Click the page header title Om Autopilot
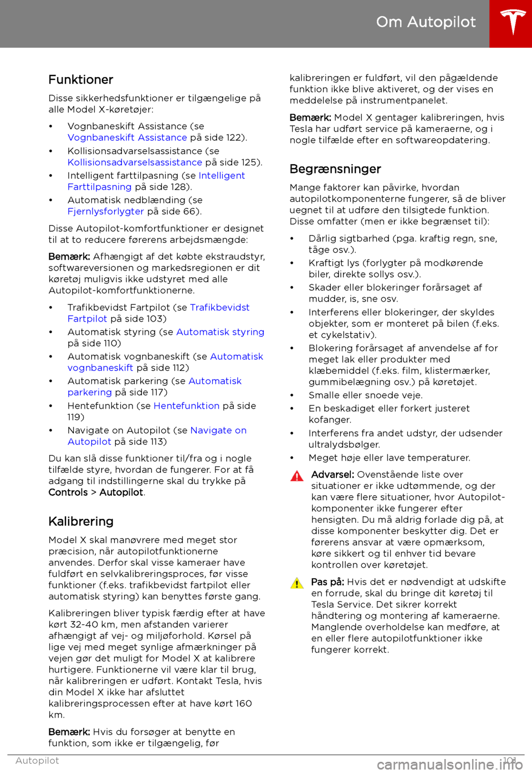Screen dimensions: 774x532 [x=426, y=22]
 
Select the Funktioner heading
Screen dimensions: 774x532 [x=81, y=80]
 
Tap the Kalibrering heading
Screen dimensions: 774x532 [x=81, y=522]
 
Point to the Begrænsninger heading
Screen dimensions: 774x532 [x=335, y=169]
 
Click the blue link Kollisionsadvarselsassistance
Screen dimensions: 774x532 [x=135, y=162]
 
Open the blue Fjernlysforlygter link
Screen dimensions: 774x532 [x=106, y=211]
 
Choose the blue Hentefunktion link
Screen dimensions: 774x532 [x=186, y=406]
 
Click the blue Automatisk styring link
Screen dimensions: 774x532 [x=220, y=332]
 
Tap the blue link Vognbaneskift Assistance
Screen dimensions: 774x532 [x=127, y=138]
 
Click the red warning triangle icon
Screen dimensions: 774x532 [x=297, y=476]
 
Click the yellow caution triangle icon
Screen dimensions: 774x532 [x=297, y=583]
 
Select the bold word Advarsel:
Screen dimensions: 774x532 [x=332, y=475]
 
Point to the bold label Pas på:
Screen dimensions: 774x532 [x=328, y=582]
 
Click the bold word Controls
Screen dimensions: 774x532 [x=68, y=492]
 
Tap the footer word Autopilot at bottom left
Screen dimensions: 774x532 [x=37, y=761]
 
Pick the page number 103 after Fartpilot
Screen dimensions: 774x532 [x=156, y=319]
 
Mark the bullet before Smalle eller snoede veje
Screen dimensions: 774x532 [x=292, y=395]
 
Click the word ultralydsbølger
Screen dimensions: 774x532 [x=344, y=445]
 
